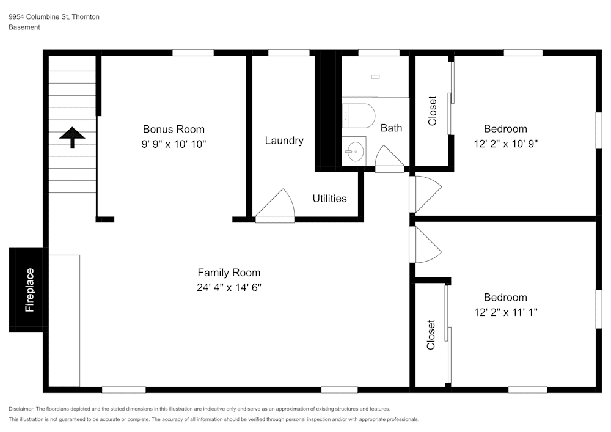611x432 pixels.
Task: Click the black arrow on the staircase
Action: click(x=72, y=137)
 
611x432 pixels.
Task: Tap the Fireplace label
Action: click(x=29, y=290)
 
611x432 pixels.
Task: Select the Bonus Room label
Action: click(x=174, y=129)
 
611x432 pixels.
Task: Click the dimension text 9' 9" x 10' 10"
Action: click(x=174, y=144)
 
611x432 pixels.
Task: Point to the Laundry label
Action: click(x=284, y=141)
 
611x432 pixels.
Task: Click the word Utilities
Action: click(x=329, y=199)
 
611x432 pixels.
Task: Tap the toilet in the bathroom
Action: click(x=359, y=115)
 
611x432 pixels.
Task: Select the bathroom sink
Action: click(x=354, y=151)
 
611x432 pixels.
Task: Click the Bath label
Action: click(x=391, y=128)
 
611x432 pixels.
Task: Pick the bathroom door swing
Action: click(x=389, y=158)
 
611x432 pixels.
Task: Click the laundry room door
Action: click(x=277, y=205)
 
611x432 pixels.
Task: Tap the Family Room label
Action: click(x=229, y=273)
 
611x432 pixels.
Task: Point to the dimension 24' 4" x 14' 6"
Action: click(x=229, y=288)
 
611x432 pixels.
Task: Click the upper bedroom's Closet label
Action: click(x=433, y=111)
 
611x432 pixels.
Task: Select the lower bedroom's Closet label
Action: click(x=431, y=334)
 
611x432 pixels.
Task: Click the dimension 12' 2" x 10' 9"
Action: click(x=505, y=144)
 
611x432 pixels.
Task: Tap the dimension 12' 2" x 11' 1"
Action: click(x=505, y=312)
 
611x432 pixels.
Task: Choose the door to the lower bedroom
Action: click(x=425, y=244)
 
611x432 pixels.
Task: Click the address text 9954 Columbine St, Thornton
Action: click(x=54, y=17)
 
